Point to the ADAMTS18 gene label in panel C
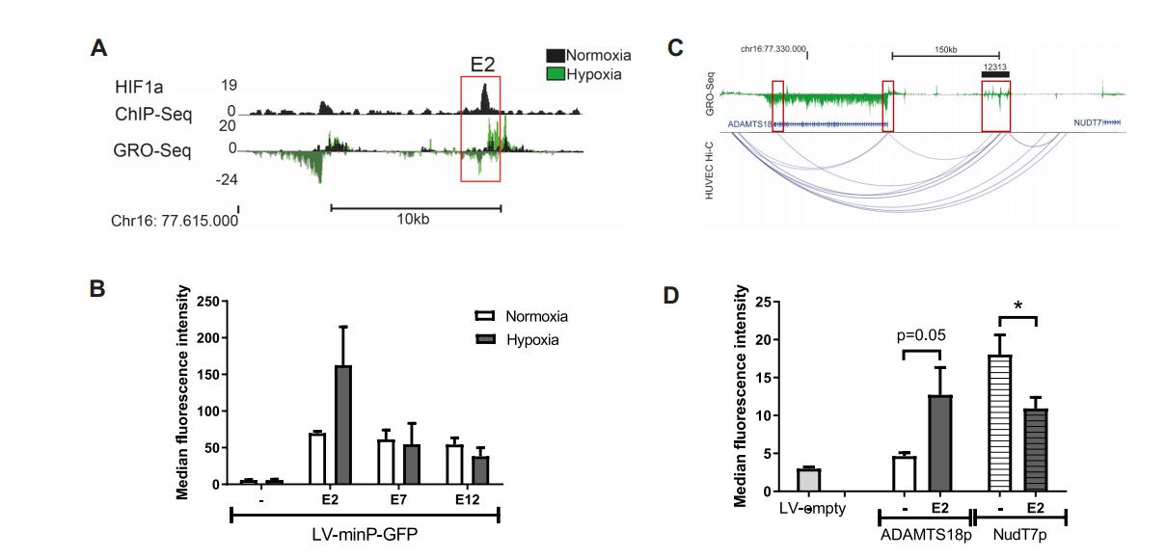[750, 123]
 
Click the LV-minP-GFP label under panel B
[365, 533]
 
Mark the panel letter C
[677, 46]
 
